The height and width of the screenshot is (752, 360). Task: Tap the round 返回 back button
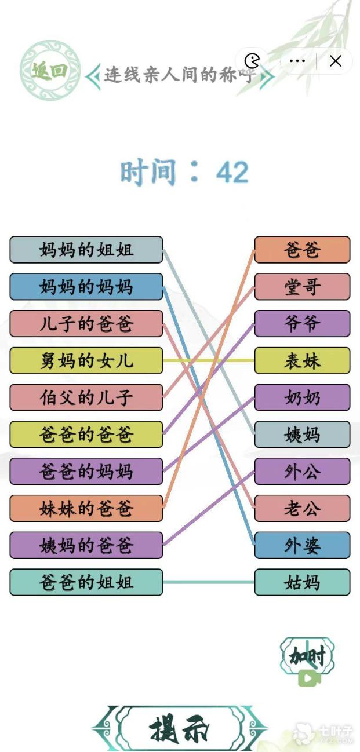click(50, 70)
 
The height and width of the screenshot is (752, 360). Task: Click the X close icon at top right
click(336, 61)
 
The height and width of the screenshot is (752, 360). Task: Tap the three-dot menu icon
click(297, 61)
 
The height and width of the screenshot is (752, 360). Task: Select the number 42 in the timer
click(232, 173)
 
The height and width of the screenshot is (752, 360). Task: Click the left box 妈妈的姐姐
click(86, 250)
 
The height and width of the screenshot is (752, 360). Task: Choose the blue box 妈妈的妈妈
click(86, 287)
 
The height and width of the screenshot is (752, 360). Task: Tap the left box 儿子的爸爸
click(86, 324)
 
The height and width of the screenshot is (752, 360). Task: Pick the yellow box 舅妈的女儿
click(86, 360)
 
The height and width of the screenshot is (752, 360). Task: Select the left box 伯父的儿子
click(86, 397)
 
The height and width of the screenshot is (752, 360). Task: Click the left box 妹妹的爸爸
click(86, 508)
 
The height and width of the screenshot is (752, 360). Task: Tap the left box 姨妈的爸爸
click(86, 545)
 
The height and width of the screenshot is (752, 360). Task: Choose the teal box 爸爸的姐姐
click(86, 582)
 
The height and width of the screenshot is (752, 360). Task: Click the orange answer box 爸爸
click(302, 250)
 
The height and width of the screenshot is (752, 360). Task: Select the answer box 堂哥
click(302, 287)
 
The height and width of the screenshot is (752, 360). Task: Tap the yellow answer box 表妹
click(302, 360)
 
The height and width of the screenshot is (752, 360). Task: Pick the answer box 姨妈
click(302, 435)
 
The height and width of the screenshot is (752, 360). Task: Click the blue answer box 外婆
click(302, 545)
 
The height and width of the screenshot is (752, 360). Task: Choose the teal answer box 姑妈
click(302, 582)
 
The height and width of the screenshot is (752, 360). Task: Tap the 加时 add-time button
click(308, 660)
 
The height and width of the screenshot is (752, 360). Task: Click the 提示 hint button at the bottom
click(180, 728)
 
